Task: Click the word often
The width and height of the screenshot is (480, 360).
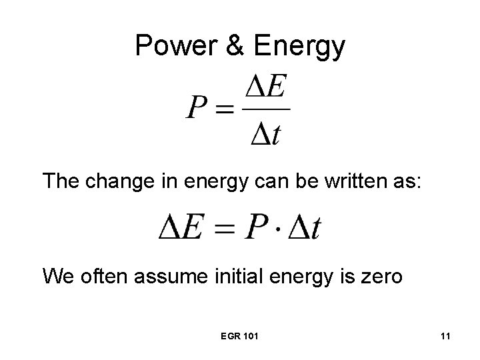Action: tap(97, 275)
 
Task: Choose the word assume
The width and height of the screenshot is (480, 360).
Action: tap(161, 275)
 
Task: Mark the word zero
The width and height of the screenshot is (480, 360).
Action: tap(380, 275)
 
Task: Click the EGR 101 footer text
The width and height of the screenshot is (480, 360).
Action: tap(239, 337)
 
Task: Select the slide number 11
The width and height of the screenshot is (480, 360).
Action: tap(445, 337)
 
